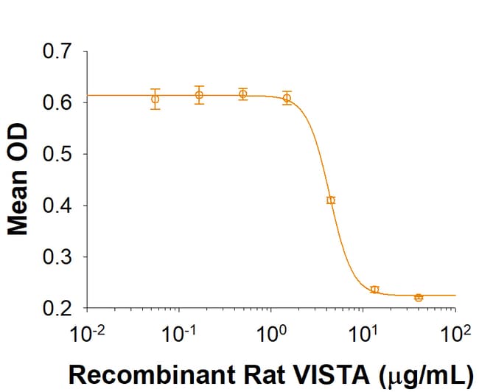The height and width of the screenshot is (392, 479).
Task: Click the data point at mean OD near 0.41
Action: (331, 200)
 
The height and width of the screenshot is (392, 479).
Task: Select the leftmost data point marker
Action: (155, 99)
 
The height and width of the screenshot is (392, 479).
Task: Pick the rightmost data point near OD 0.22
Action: (419, 298)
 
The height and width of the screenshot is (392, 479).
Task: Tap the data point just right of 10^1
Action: (374, 290)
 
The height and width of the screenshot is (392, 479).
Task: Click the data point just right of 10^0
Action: (287, 98)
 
